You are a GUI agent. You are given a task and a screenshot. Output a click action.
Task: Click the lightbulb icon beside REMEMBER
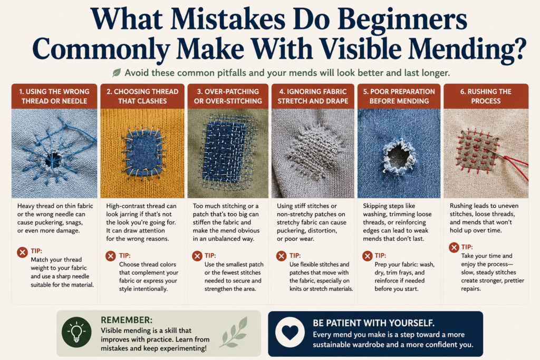click(x=76, y=332)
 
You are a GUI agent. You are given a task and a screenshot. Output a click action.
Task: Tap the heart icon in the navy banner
click(x=290, y=333)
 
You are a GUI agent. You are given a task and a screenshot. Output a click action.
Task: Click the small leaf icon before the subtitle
click(x=117, y=73)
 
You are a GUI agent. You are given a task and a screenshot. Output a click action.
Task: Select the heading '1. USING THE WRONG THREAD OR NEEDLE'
click(x=54, y=96)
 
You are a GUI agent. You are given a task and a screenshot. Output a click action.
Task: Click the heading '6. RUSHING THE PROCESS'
click(x=486, y=96)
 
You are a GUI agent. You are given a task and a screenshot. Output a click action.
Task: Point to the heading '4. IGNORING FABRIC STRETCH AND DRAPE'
click(x=313, y=96)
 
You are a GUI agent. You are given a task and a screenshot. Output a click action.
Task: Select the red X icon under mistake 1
click(x=22, y=252)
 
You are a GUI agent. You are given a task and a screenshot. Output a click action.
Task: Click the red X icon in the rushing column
click(x=454, y=247)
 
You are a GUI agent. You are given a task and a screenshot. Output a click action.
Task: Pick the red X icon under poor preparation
click(x=368, y=256)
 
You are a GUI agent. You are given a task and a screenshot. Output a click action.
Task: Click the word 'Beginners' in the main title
click(x=402, y=20)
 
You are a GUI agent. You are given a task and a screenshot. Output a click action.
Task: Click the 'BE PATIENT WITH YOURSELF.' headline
click(x=374, y=323)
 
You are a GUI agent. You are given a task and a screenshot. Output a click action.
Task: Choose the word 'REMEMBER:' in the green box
click(x=127, y=320)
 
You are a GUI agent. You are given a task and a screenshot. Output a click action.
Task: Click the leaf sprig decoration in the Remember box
click(x=235, y=332)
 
